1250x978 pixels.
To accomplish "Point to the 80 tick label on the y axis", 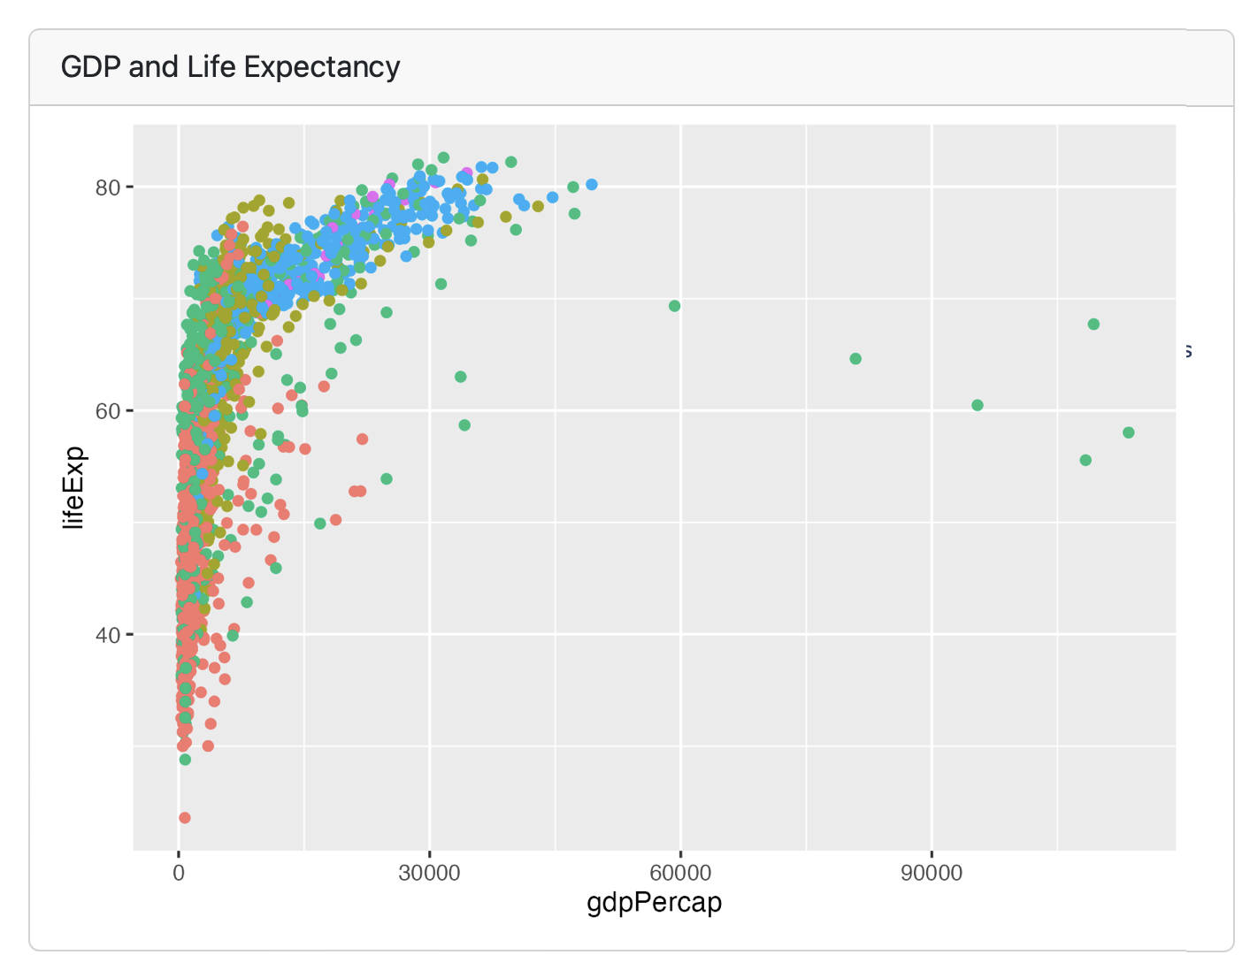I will tap(108, 187).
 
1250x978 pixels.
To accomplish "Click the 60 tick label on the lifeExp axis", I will tap(108, 410).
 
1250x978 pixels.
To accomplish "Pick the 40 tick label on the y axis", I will tap(108, 635).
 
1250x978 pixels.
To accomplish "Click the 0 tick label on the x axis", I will tap(179, 874).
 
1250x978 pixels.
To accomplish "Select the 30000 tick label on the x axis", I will tap(429, 874).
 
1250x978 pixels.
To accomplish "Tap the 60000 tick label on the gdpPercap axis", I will tap(680, 874).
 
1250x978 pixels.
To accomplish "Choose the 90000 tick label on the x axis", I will tap(932, 874).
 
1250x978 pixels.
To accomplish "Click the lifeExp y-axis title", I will tap(74, 488).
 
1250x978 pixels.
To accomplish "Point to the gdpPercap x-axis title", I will tap(654, 903).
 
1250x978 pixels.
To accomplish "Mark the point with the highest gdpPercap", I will tap(1128, 432).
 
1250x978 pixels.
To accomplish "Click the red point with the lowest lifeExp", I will tap(184, 818).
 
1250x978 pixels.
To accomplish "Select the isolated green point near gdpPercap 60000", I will tap(674, 306).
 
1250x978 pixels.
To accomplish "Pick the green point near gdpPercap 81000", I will tap(855, 359).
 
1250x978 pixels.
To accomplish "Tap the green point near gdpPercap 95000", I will tap(978, 405).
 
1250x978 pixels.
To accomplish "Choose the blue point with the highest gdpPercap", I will tap(592, 185).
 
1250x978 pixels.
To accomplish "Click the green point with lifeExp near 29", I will tap(185, 760).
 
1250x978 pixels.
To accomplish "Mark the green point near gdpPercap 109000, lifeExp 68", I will tap(1093, 325).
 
